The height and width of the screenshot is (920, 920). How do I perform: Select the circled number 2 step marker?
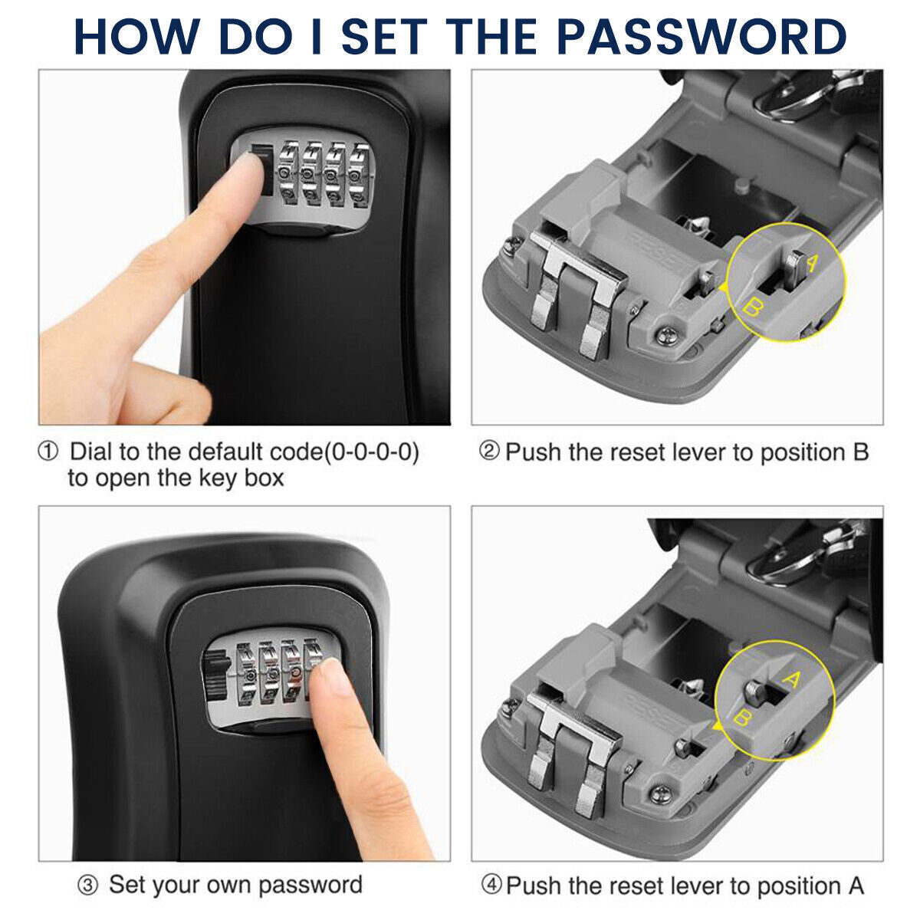pyautogui.click(x=489, y=452)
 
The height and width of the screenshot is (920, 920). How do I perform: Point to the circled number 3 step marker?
pyautogui.click(x=89, y=886)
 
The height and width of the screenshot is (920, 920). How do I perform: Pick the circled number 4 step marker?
pyautogui.click(x=491, y=886)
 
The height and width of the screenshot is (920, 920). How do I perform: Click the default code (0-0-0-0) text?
pyautogui.click(x=371, y=452)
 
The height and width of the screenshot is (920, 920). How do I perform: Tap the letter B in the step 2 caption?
pyautogui.click(x=860, y=452)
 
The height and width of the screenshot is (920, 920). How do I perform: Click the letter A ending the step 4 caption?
pyautogui.click(x=856, y=886)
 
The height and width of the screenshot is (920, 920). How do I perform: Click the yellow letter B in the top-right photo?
pyautogui.click(x=753, y=310)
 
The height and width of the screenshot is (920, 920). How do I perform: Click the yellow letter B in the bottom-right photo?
pyautogui.click(x=742, y=718)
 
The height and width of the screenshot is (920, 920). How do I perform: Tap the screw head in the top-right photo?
pyautogui.click(x=665, y=334)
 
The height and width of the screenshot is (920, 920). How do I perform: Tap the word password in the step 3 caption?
pyautogui.click(x=310, y=885)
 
